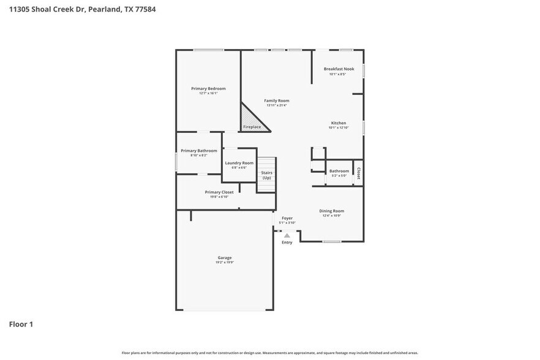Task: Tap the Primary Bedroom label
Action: click(x=208, y=89)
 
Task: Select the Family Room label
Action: click(x=277, y=100)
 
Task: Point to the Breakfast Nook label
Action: click(x=339, y=69)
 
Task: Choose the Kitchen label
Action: click(x=339, y=123)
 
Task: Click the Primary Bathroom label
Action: click(x=198, y=151)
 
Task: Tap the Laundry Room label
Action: click(x=239, y=163)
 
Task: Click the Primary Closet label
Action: click(x=219, y=192)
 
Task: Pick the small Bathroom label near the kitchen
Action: click(x=339, y=171)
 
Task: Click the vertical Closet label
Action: click(x=359, y=173)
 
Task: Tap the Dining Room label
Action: click(x=332, y=211)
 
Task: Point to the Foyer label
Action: click(x=287, y=218)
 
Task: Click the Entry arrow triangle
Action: click(x=287, y=235)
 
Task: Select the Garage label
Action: click(x=224, y=258)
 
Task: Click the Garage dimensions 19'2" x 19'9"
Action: click(x=224, y=263)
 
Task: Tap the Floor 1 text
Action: click(x=21, y=324)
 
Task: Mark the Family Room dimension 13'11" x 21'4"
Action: click(x=277, y=105)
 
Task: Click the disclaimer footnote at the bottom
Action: click(x=269, y=353)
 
